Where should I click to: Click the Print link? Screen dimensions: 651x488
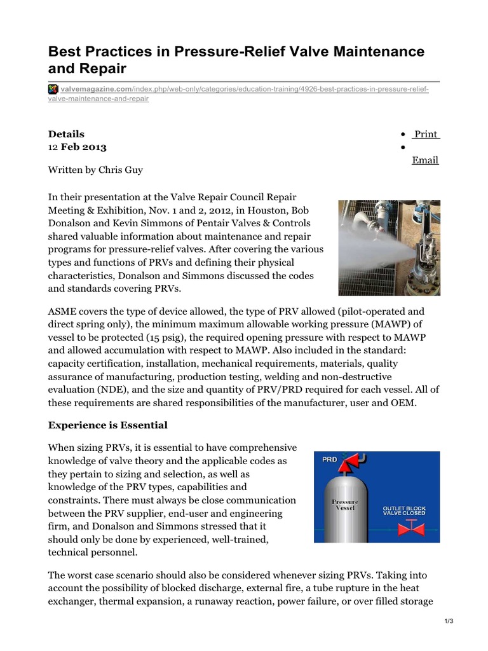[426, 134]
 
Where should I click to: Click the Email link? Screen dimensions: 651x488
[425, 160]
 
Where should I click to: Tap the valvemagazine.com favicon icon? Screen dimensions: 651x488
[53, 88]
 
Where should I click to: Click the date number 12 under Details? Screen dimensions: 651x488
[53, 147]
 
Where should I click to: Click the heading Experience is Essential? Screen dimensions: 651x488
[108, 425]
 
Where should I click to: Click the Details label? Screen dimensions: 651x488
[66, 134]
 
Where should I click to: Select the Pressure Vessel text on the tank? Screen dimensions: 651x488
[345, 505]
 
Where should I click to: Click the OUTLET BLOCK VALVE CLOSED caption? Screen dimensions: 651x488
[403, 513]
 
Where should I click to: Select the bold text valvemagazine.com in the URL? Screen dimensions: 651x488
[88, 88]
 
